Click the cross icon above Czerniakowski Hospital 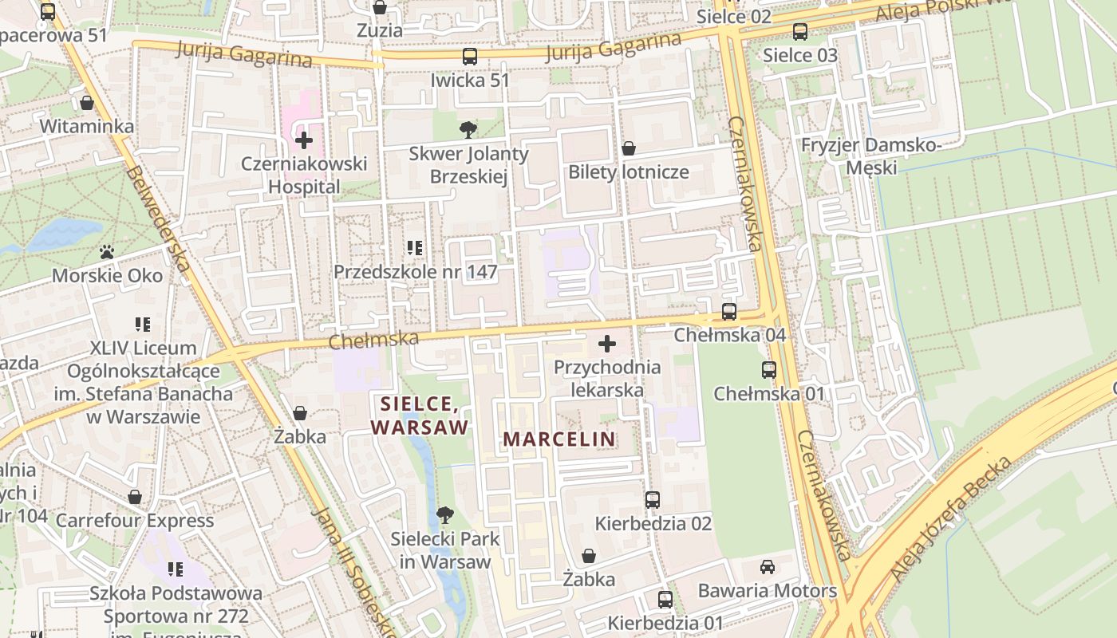(x=304, y=141)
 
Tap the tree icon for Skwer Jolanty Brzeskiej (x=468, y=129)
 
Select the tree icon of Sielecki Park (x=445, y=515)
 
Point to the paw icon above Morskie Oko (x=107, y=252)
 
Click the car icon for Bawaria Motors (x=767, y=566)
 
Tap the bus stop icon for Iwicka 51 (x=470, y=57)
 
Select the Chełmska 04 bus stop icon (x=729, y=312)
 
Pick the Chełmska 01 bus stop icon (x=768, y=370)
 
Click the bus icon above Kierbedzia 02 (x=653, y=500)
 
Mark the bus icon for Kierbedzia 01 (x=665, y=599)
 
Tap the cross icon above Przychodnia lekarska (x=607, y=344)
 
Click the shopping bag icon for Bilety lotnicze (x=629, y=148)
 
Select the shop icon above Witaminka (x=87, y=103)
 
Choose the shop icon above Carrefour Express (x=135, y=497)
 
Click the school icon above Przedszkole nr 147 (x=415, y=248)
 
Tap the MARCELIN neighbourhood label (x=559, y=439)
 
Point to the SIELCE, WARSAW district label (x=420, y=415)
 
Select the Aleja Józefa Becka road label (x=951, y=518)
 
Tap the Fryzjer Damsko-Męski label (x=871, y=156)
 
